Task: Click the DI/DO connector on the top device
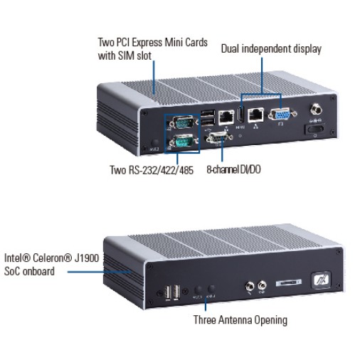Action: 215,138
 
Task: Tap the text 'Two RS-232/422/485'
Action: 152,170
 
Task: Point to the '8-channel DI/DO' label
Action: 234,170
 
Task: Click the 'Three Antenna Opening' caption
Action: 240,320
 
